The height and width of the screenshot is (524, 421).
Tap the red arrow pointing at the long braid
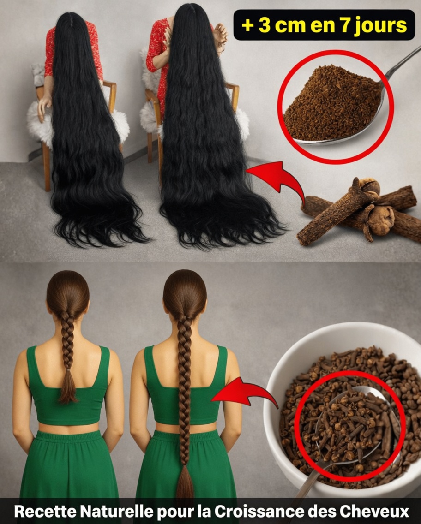coord(245,393)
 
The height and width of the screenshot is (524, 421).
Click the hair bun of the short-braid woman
coord(67,291)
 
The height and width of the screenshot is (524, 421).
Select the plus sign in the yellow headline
coord(247,26)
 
